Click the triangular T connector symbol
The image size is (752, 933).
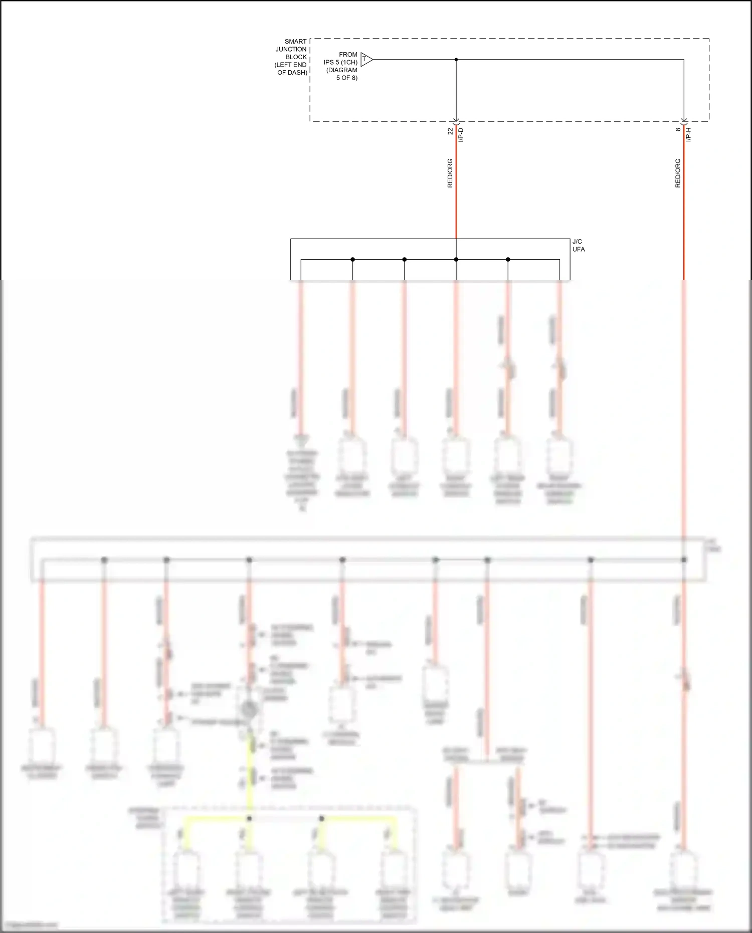coord(366,60)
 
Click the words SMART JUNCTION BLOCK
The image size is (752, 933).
coord(292,49)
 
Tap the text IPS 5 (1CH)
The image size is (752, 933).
coord(340,62)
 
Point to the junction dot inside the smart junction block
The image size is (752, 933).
coord(456,60)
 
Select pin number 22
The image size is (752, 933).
coord(450,131)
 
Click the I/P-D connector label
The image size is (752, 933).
coord(461,134)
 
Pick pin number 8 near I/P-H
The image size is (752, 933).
coord(678,129)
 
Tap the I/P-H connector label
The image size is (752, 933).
coord(689,134)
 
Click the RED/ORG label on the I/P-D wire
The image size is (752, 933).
coord(450,173)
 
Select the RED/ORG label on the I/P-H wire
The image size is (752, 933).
coord(678,173)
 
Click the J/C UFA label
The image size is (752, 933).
coord(579,245)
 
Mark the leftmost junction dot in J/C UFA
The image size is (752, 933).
coord(353,259)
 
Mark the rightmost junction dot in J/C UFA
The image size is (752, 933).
coord(508,259)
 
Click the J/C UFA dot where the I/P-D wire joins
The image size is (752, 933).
coord(456,259)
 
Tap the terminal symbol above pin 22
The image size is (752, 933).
coord(456,121)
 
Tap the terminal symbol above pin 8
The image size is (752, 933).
coord(684,121)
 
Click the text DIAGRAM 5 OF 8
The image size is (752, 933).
coord(342,74)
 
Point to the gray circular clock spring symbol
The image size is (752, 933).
coord(249,709)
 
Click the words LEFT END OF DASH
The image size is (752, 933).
coord(291,69)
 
